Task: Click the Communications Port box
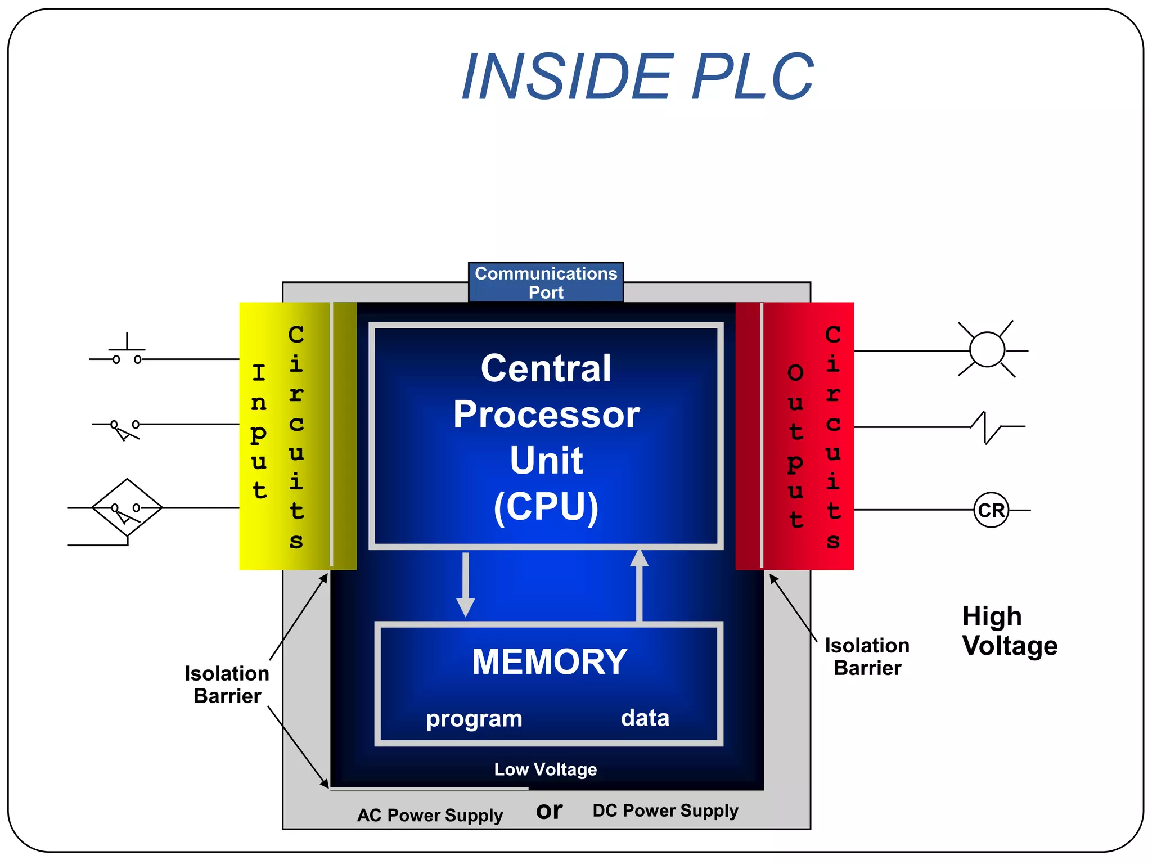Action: tap(546, 282)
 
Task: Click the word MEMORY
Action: tap(549, 661)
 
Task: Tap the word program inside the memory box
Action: tap(474, 719)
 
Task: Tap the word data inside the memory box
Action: tap(645, 718)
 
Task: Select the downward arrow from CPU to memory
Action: tap(465, 585)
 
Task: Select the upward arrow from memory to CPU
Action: tap(639, 585)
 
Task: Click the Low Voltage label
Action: tap(545, 769)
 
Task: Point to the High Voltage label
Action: tap(1009, 631)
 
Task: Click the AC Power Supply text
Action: tap(430, 815)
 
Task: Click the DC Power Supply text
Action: tap(665, 811)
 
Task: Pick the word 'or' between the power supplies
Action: tap(549, 811)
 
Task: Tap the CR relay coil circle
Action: tap(991, 510)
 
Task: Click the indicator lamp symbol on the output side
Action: tap(987, 350)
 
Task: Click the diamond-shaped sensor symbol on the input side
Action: tap(127, 507)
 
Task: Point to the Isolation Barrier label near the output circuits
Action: tap(867, 656)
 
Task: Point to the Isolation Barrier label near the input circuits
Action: tap(227, 685)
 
